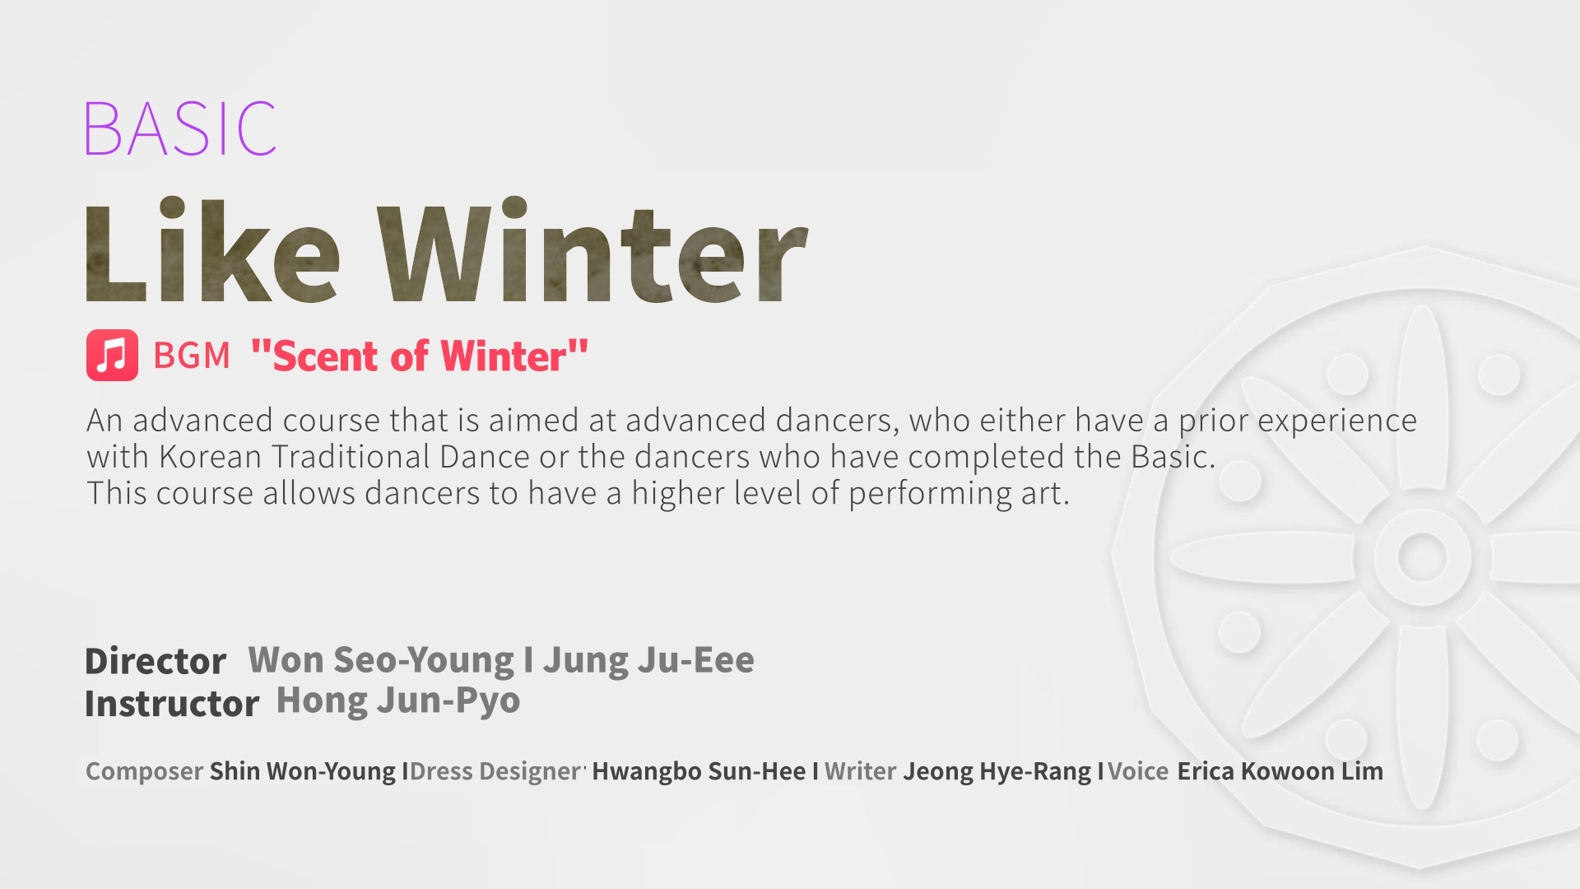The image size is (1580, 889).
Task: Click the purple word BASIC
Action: tap(180, 128)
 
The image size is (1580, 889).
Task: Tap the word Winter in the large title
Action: tap(592, 251)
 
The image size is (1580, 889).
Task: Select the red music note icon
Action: tap(112, 356)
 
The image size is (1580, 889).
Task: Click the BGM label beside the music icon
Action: tap(192, 356)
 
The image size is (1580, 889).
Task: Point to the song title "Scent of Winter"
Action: tap(420, 356)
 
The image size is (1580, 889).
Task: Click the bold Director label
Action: tap(156, 661)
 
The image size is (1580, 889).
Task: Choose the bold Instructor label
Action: tap(172, 704)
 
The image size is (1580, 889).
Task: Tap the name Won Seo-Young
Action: tap(381, 660)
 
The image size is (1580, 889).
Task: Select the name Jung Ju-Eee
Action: tap(648, 660)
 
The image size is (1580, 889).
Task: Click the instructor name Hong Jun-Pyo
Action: tap(398, 700)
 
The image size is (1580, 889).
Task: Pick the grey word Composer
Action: tap(144, 771)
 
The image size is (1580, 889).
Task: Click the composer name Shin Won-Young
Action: tap(303, 771)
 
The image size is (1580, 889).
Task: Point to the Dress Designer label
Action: tap(497, 771)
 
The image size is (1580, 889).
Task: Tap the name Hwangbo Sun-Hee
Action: tap(699, 771)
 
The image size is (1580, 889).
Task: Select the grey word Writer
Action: tap(860, 771)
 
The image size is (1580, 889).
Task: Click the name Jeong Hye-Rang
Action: tap(997, 771)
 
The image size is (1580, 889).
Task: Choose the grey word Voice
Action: tap(1138, 771)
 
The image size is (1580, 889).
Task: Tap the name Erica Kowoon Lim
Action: tap(1280, 771)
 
